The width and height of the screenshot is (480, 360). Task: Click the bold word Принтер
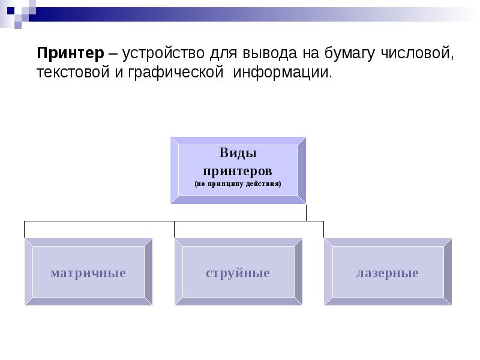pyautogui.click(x=70, y=53)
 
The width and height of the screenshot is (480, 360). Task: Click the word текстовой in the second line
pyautogui.click(x=70, y=73)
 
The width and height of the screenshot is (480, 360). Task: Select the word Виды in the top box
pyautogui.click(x=238, y=154)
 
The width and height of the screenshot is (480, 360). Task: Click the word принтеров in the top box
pyautogui.click(x=238, y=170)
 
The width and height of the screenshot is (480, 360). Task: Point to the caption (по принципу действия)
pyautogui.click(x=238, y=184)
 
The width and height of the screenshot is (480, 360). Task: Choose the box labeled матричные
pyautogui.click(x=88, y=273)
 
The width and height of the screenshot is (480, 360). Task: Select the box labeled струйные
pyautogui.click(x=238, y=273)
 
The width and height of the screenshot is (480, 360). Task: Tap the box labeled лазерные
pyautogui.click(x=387, y=273)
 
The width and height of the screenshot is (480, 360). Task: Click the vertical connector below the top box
pyautogui.click(x=306, y=212)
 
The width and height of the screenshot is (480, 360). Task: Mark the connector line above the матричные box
pyautogui.click(x=25, y=229)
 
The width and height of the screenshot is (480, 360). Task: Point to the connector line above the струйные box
pyautogui.click(x=175, y=229)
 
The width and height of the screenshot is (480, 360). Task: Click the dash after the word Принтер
pyautogui.click(x=112, y=54)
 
